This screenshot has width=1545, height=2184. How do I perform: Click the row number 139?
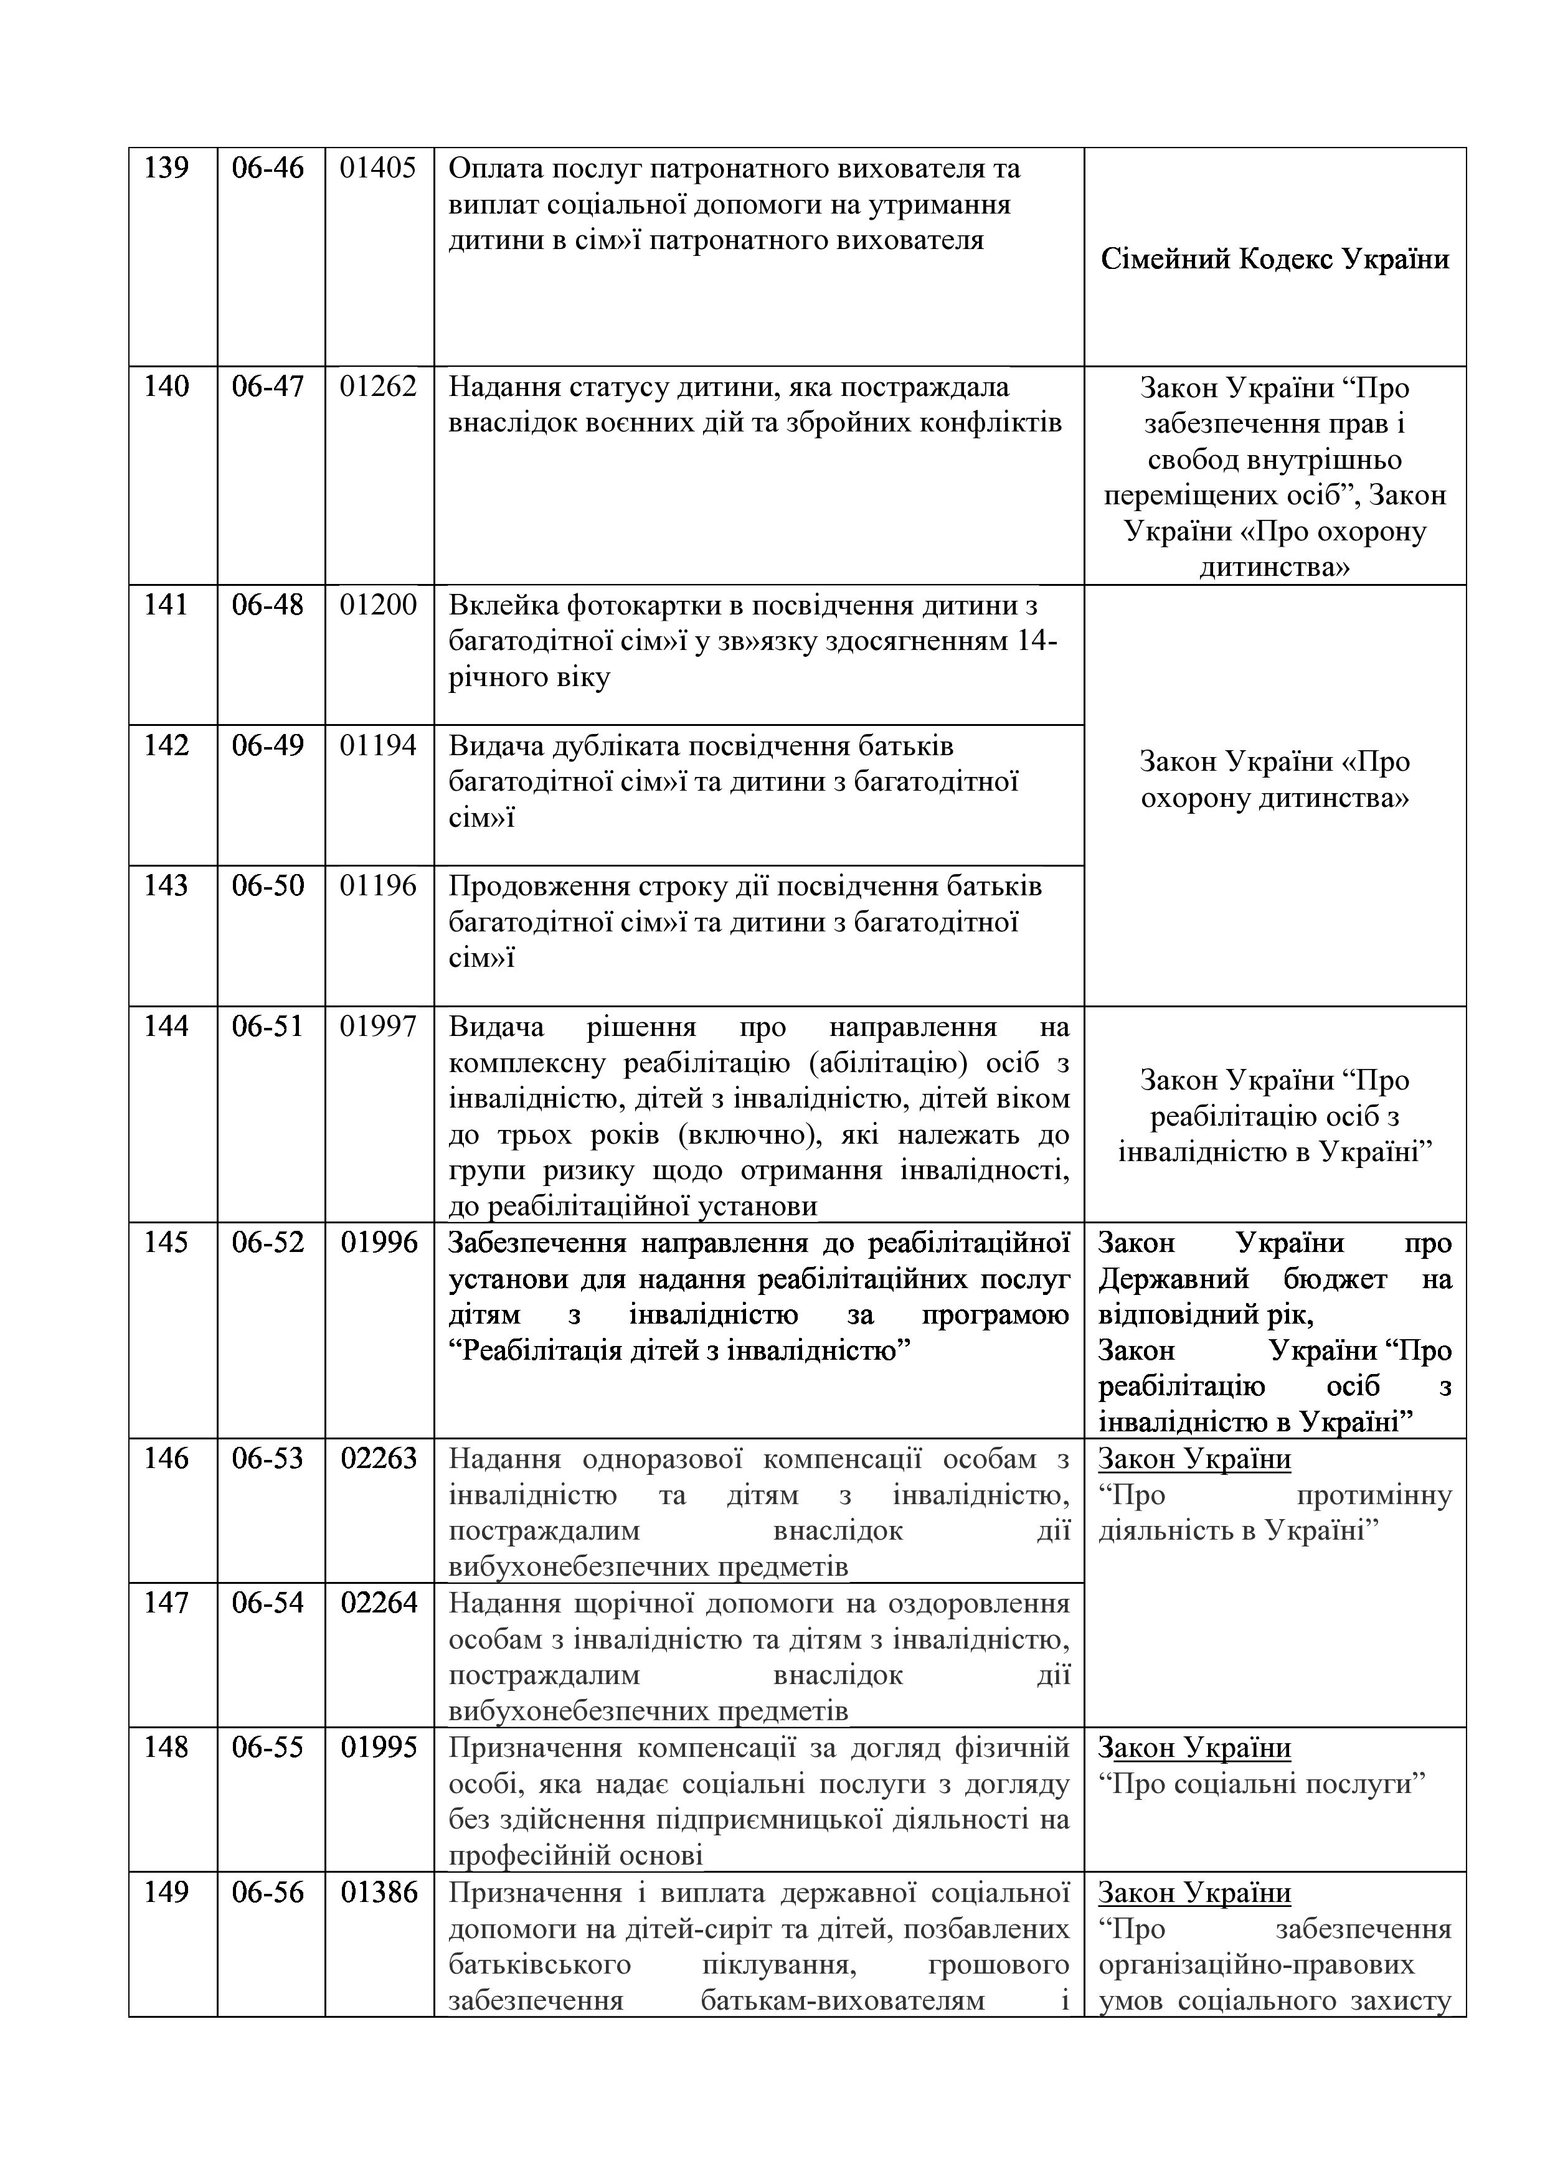click(166, 168)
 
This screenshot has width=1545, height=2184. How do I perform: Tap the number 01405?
click(379, 168)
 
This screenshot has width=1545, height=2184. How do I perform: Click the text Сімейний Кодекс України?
click(1275, 259)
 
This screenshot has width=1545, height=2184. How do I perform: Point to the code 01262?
click(379, 387)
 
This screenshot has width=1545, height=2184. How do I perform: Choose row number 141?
click(166, 605)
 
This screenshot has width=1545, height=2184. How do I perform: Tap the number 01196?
click(379, 885)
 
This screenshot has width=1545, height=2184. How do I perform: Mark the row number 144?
click(166, 1027)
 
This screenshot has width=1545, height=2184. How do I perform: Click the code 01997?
click(379, 1027)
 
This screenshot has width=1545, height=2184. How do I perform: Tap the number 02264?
click(379, 1603)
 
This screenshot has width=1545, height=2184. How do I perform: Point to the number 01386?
click(379, 1892)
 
